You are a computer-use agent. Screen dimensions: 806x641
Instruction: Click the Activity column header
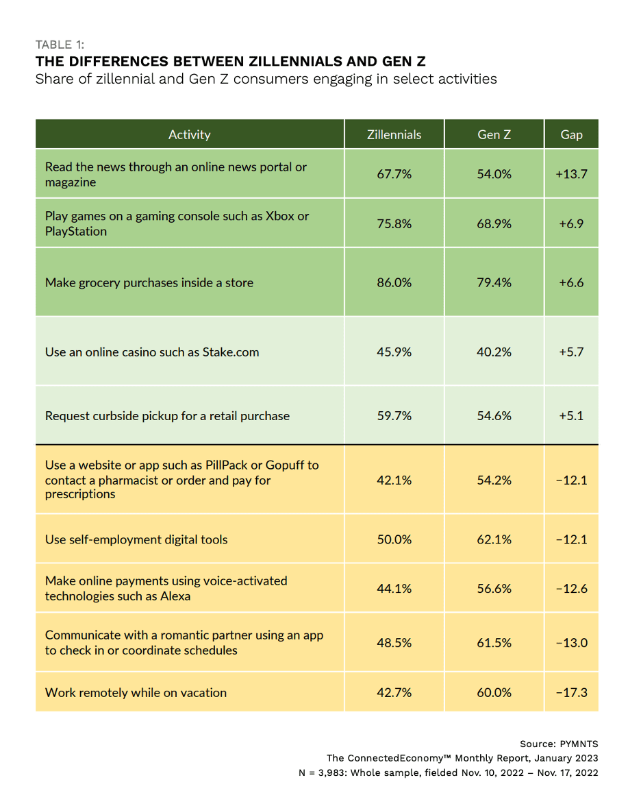click(189, 134)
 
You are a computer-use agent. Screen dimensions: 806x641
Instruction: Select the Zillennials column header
click(394, 134)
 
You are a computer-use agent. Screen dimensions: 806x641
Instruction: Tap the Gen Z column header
click(494, 134)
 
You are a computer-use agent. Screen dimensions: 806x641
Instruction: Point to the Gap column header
click(571, 134)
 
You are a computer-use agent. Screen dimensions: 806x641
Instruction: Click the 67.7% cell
click(394, 174)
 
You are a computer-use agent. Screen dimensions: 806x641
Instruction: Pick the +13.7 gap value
click(571, 174)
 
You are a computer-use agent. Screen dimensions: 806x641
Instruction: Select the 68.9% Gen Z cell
click(494, 223)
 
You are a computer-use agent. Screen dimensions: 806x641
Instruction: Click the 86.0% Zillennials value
click(394, 282)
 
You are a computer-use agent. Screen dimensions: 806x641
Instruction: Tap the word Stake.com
click(231, 352)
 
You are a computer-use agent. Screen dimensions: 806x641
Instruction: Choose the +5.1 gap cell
click(571, 415)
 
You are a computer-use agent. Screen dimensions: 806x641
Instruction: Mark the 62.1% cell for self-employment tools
click(494, 539)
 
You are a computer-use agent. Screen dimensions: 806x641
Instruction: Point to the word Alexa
click(175, 596)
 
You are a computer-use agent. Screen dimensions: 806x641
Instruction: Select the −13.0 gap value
click(571, 643)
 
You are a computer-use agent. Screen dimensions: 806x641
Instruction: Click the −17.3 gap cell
click(571, 692)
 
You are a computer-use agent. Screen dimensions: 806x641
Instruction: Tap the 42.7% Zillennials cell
click(394, 692)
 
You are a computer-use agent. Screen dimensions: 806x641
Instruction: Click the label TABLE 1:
click(60, 45)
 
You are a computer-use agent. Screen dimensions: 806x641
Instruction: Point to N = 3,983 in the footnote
click(321, 772)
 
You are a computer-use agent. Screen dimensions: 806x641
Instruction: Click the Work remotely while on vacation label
click(136, 692)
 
